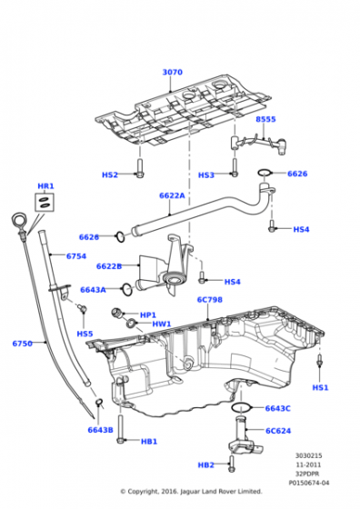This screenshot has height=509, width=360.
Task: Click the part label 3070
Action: tap(173, 72)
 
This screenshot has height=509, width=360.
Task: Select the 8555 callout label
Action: tap(265, 119)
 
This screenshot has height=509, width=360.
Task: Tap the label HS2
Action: tap(110, 175)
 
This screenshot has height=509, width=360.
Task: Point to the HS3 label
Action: tap(206, 175)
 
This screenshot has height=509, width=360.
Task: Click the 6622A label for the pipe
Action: tap(172, 195)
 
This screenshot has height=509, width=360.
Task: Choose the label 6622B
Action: tap(109, 266)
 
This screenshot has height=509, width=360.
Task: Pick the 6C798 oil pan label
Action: tap(210, 299)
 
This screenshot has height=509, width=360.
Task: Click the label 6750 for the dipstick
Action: tap(23, 344)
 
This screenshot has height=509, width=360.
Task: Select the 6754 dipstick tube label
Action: tap(76, 256)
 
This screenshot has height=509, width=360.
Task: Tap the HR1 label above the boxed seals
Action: tap(45, 186)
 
